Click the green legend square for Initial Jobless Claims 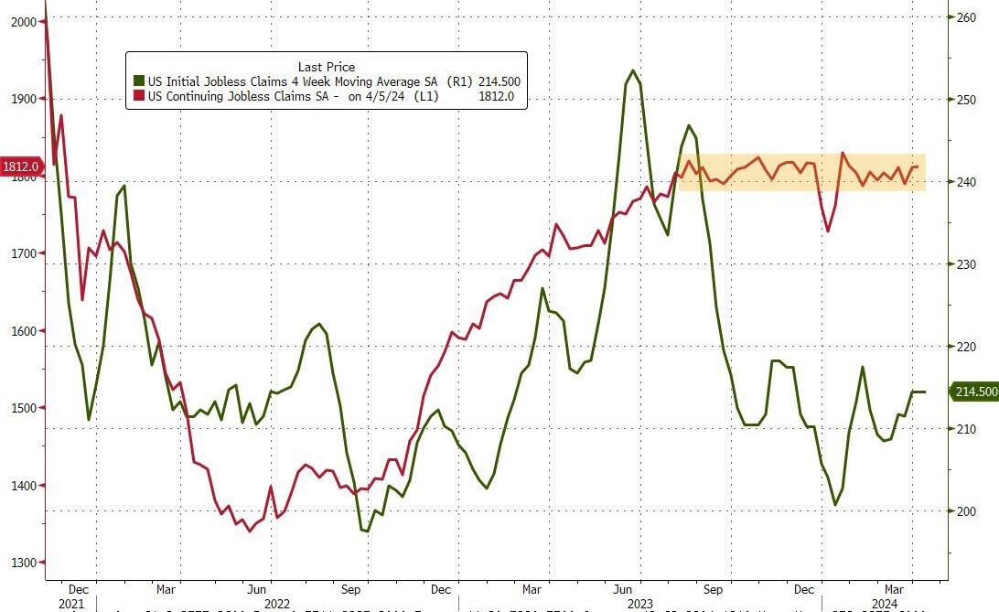pos(139,81)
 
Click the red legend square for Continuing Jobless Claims pos(139,96)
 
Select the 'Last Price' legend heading pos(326,67)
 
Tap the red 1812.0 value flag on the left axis pos(21,166)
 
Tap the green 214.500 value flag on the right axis pos(975,392)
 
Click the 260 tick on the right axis pos(967,16)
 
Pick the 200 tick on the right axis pos(967,511)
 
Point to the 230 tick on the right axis pos(967,264)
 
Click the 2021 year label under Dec pos(70,604)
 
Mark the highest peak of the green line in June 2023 pos(633,70)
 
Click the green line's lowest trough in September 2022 pos(366,531)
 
